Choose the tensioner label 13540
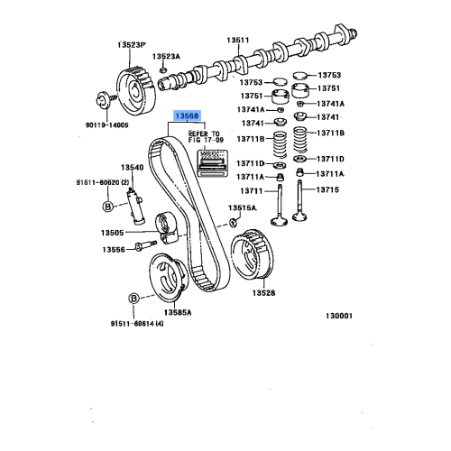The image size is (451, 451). [133, 168]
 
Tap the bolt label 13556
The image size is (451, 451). [113, 249]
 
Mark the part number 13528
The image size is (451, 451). [263, 293]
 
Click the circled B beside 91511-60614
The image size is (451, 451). [133, 298]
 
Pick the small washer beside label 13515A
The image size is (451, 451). [233, 221]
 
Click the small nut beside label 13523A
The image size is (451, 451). [161, 69]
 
